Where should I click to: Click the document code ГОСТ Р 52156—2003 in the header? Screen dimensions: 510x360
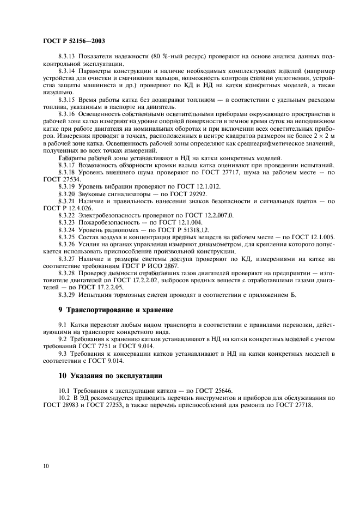click(x=74, y=41)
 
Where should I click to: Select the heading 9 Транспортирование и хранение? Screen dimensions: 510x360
click(x=117, y=310)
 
